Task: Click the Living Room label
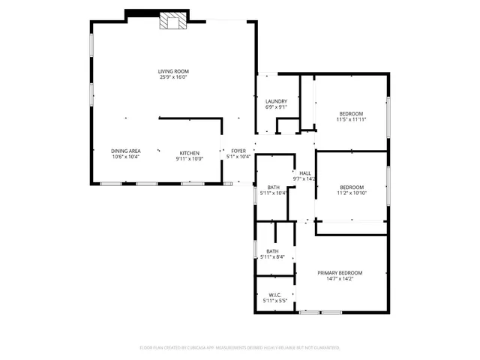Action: click(x=172, y=71)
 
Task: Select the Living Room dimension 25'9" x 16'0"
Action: click(x=172, y=77)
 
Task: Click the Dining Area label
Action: click(x=126, y=151)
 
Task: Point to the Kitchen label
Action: click(x=189, y=152)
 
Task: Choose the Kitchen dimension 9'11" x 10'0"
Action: click(x=189, y=157)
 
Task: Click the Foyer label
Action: click(x=238, y=151)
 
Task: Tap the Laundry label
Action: click(x=276, y=101)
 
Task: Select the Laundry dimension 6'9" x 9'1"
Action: click(x=276, y=107)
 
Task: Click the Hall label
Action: click(x=305, y=173)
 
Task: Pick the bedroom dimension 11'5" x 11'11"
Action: click(x=351, y=119)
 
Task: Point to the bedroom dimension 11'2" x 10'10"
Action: click(x=351, y=193)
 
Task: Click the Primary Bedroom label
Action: click(x=340, y=273)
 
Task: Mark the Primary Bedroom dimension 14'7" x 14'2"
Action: click(x=340, y=279)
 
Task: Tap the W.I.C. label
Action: click(x=274, y=295)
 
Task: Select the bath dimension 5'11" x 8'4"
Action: click(x=272, y=257)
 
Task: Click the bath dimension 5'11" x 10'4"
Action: click(x=273, y=193)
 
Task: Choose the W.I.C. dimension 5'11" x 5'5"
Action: click(x=274, y=301)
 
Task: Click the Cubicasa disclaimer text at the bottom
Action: click(x=239, y=348)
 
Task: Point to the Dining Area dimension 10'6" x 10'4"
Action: click(x=126, y=157)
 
